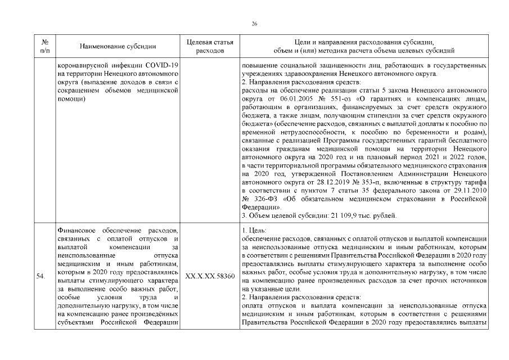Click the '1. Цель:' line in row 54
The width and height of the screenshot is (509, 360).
254,231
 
